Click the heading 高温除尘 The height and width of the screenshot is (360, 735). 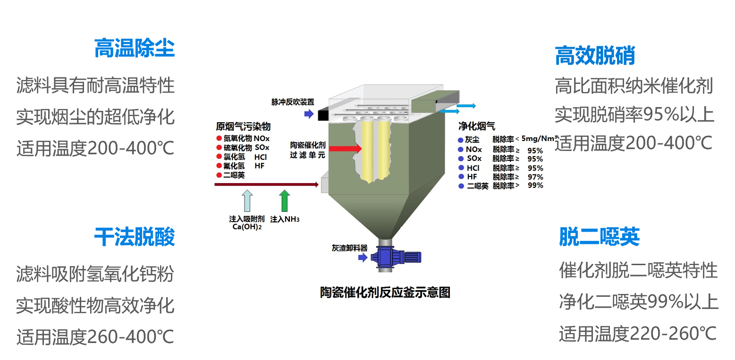135,48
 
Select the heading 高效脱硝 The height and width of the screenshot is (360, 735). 595,56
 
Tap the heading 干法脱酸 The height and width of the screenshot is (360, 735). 135,237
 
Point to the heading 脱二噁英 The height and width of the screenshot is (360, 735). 599,237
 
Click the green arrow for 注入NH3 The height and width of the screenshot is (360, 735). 284,201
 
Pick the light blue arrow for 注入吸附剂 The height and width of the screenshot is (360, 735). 247,201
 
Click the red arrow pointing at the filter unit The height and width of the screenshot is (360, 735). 345,149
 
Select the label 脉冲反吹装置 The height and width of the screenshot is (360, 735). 293,102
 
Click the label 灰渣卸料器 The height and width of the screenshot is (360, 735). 349,248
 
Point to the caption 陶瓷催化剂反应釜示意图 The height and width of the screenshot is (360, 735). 385,293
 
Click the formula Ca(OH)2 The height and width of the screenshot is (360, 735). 247,227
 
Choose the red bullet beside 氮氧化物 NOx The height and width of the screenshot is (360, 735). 219,139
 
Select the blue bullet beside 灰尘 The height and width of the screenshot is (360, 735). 461,140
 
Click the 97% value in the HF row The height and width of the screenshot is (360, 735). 535,177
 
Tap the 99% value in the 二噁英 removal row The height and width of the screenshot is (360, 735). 535,186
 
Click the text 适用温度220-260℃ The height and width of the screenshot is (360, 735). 638,334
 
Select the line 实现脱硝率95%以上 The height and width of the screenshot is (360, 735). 634,115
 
